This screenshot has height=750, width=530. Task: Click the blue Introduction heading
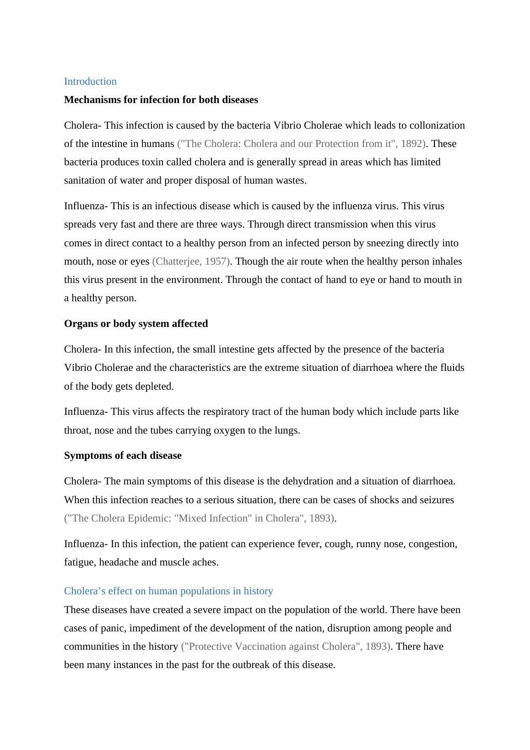[x=90, y=82]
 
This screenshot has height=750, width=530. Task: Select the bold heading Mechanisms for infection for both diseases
[x=161, y=100]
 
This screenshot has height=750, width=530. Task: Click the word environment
[x=194, y=280]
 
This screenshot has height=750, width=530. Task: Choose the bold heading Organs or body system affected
[x=136, y=324]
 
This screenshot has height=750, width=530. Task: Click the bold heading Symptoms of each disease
[x=123, y=456]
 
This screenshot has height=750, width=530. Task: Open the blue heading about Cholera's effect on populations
[x=168, y=591]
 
